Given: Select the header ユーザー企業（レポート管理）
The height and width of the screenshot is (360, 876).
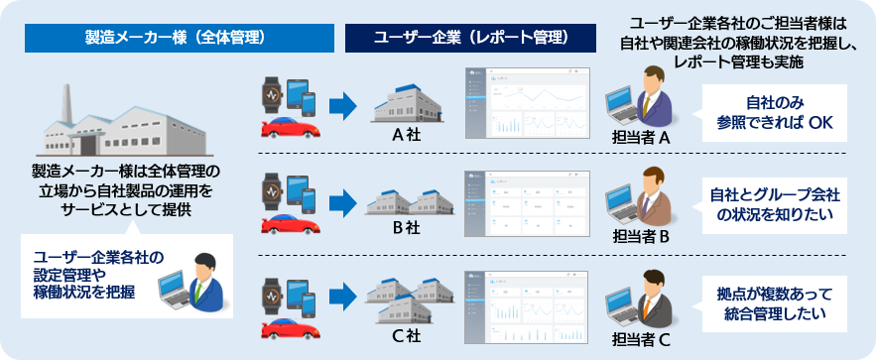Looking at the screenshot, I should coord(471,38).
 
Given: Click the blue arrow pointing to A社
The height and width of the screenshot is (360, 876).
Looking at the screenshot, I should coord(342,104).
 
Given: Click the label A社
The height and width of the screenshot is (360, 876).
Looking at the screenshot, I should coord(407,133).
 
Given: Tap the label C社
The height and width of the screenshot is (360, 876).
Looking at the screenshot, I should coord(407,336).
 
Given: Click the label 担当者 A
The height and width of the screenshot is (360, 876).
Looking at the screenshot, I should coord(642,138).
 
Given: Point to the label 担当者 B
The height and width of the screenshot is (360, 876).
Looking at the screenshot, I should coord(642,237).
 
